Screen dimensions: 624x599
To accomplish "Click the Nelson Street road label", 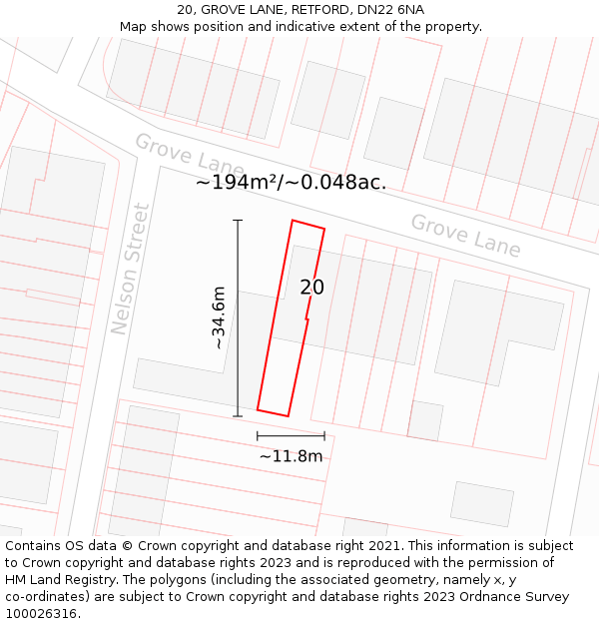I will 131,270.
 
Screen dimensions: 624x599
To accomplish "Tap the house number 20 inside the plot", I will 312,288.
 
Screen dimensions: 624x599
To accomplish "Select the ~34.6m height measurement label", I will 219,317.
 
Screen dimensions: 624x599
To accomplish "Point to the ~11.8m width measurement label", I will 292,456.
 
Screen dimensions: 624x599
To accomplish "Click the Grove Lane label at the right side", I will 465,236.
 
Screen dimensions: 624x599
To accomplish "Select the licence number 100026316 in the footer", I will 42,614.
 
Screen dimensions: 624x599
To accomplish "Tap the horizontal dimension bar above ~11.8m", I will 291,435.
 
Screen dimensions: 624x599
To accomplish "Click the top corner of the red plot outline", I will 293,221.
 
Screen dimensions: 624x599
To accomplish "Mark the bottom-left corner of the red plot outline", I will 258,409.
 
